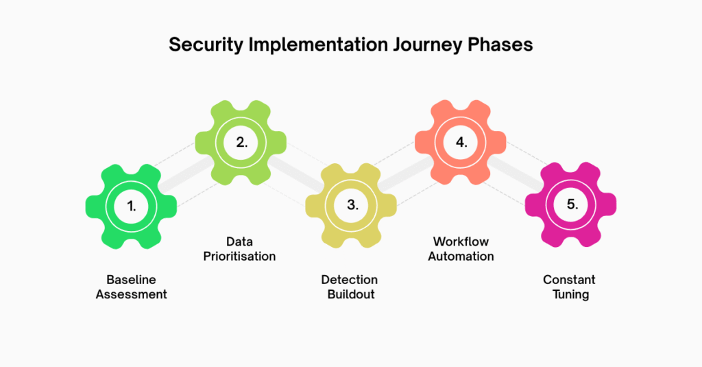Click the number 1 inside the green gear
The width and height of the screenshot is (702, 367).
point(131,206)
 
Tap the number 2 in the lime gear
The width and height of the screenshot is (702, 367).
point(242,142)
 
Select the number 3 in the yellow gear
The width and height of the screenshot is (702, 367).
point(352,205)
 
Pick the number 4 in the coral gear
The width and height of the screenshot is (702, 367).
point(461,142)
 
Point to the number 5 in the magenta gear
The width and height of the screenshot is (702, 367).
point(572,204)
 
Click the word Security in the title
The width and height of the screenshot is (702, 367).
point(206,45)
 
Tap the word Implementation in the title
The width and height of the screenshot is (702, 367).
point(318,45)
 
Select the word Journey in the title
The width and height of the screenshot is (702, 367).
point(428,45)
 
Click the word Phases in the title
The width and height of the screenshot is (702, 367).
point(500,45)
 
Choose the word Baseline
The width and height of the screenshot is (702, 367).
point(131,280)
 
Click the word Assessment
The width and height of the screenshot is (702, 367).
point(131,294)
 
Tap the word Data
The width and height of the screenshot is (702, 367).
point(239,241)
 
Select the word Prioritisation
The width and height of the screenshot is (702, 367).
point(239,257)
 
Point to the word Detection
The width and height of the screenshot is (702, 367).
point(349,280)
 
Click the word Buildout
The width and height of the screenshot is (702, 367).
point(351,294)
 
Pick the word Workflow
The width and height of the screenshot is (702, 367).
point(461,241)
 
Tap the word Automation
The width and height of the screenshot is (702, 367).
point(461,257)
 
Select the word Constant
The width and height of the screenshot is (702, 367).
point(569,280)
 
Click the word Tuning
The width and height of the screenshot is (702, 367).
point(570,295)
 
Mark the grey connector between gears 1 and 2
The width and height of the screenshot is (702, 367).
point(186,174)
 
